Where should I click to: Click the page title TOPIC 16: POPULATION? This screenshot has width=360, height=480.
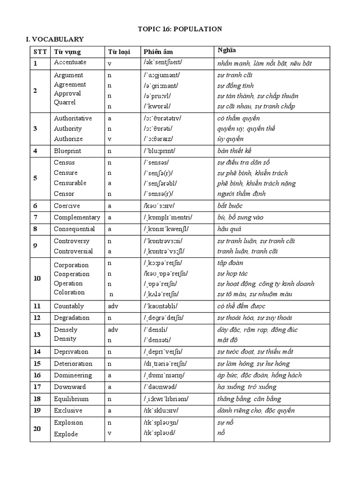pos(180,29)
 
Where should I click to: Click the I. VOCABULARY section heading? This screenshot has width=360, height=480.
pos(54,39)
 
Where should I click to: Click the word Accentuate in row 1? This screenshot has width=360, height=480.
pos(70,62)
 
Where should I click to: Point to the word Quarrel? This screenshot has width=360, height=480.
pos(65,102)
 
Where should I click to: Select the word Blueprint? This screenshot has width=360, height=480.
pos(68,151)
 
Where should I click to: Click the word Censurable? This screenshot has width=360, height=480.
pos(70,183)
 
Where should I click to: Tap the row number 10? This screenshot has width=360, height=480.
pos(37,278)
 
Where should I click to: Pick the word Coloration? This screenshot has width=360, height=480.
pos(69,292)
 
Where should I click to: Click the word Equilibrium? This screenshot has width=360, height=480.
pos(71,399)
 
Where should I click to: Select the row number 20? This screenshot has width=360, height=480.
pos(37,428)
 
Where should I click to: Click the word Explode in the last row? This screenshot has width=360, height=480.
pos(66,434)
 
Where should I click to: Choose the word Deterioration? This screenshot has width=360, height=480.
pos(73,364)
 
